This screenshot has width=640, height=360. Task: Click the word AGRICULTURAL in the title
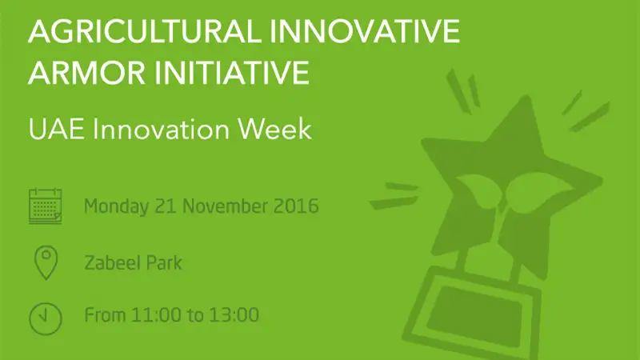pyautogui.click(x=145, y=31)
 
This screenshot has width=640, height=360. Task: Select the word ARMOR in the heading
pyautogui.click(x=86, y=72)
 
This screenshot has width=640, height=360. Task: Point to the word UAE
pyautogui.click(x=56, y=130)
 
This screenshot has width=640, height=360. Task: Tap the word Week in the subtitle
pyautogui.click(x=274, y=130)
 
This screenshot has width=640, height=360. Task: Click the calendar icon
pyautogui.click(x=46, y=206)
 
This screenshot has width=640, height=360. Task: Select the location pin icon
pyautogui.click(x=46, y=262)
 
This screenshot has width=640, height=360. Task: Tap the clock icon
pyautogui.click(x=46, y=318)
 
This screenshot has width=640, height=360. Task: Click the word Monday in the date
pyautogui.click(x=116, y=206)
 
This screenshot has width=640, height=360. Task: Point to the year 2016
pyautogui.click(x=296, y=206)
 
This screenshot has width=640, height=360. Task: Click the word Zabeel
pyautogui.click(x=111, y=262)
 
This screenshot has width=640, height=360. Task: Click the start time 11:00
pyautogui.click(x=156, y=315)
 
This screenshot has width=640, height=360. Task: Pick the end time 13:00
pyautogui.click(x=234, y=315)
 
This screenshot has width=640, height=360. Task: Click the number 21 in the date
pyautogui.click(x=166, y=206)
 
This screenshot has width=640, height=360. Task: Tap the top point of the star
pyautogui.click(x=527, y=97)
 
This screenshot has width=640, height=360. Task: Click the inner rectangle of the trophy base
pyautogui.click(x=474, y=315)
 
